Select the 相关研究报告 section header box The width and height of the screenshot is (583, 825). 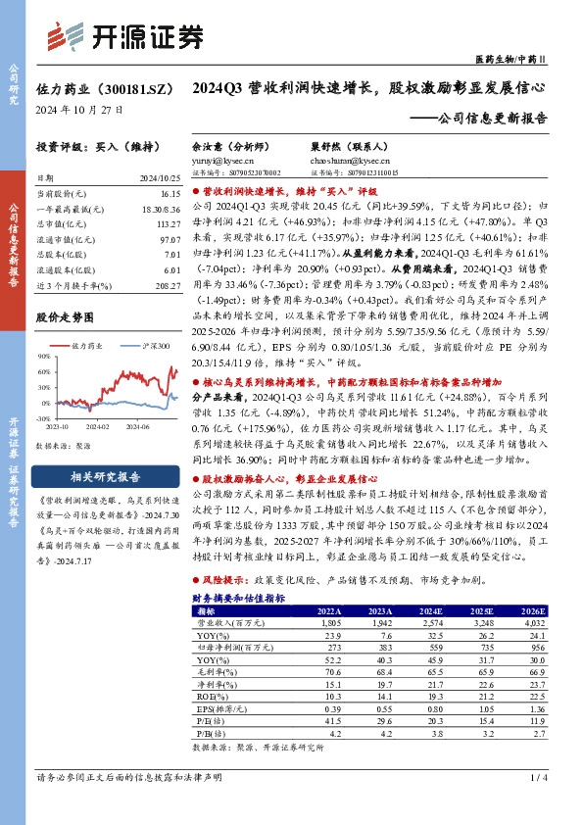point(97,477)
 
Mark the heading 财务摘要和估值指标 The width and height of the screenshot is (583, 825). point(239,597)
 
